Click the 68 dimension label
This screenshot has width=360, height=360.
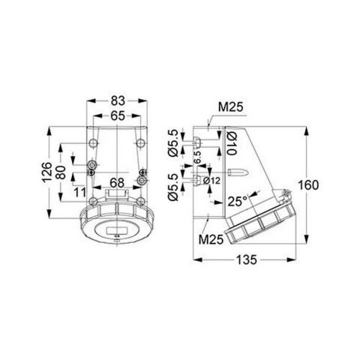[x=117, y=181]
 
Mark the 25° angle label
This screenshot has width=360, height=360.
[x=238, y=201]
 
